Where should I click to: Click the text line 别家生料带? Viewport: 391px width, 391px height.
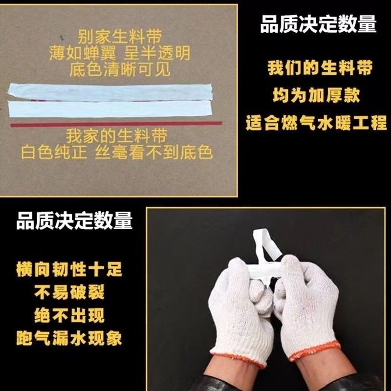point(120,37)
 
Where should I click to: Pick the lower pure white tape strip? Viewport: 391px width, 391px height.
point(109,109)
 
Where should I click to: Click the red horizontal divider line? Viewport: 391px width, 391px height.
point(116,124)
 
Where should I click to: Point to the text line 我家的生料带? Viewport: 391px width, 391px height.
point(117,136)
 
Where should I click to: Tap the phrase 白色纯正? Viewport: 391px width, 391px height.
point(54,152)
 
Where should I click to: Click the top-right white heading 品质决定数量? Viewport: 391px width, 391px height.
point(319,24)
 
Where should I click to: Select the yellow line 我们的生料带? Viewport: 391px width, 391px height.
point(320,67)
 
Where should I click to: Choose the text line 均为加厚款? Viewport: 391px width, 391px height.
point(316,95)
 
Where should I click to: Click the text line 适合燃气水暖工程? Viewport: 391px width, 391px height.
point(316,123)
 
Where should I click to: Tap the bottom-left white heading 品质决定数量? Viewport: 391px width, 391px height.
point(74,220)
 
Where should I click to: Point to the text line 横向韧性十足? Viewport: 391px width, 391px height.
point(69,269)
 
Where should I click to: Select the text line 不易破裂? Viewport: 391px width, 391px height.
point(69,292)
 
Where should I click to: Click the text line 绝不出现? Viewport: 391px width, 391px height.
point(69,315)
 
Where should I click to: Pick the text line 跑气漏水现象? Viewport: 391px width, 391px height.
point(69,338)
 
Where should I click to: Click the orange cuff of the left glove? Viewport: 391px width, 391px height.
point(238,360)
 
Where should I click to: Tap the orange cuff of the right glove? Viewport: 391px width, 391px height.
point(315,351)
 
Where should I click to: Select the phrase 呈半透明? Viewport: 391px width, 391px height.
point(157,53)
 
